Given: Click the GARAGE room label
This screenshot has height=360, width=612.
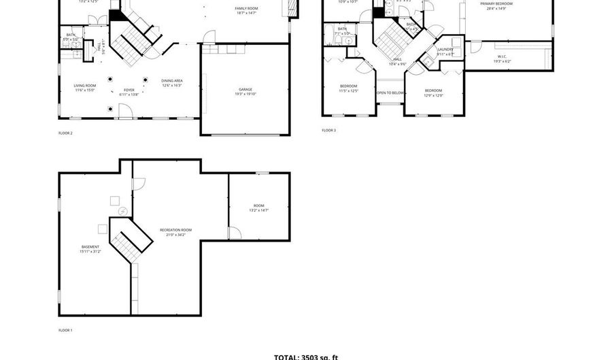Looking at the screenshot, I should [x=245, y=91].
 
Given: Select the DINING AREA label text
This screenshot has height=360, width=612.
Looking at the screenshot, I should [x=171, y=83].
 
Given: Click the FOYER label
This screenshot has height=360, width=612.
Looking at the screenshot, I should [x=129, y=92].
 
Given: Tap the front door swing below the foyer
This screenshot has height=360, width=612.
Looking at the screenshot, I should [x=124, y=110].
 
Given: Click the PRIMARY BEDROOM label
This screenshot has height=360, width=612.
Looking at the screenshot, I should [x=496, y=6].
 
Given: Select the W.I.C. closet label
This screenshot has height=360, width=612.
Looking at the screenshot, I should [x=502, y=59].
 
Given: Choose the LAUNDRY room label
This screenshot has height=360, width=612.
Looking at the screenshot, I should [x=445, y=52].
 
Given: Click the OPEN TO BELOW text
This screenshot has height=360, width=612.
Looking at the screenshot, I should [x=390, y=93].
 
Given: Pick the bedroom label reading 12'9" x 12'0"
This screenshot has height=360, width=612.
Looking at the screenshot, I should [x=433, y=93].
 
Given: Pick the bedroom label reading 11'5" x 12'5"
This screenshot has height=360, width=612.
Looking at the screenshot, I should [x=348, y=88].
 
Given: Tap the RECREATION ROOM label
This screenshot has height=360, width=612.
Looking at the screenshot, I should [x=175, y=232].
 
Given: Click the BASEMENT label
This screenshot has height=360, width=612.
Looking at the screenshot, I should [x=90, y=249].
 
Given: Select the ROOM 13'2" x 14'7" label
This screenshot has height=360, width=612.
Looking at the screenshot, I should [x=258, y=208].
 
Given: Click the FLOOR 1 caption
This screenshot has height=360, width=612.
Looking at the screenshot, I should [x=65, y=330].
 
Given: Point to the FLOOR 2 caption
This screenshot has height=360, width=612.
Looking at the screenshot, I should [x=65, y=133].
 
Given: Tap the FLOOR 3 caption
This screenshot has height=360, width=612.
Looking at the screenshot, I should [x=329, y=130].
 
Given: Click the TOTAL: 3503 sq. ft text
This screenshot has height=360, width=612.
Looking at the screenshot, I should [x=305, y=357].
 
